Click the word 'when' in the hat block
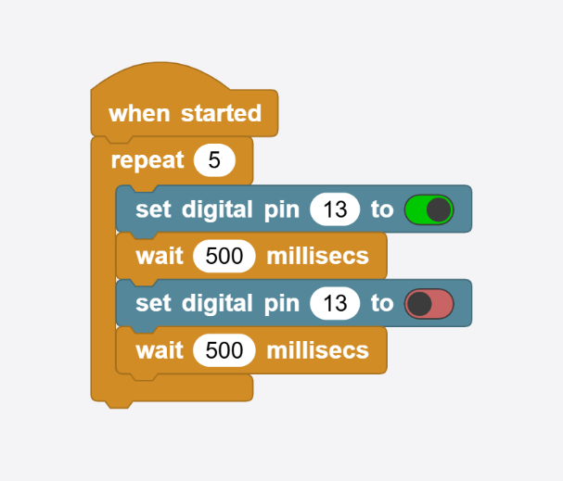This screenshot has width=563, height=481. pos(139,113)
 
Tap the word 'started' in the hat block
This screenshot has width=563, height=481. pos(221,113)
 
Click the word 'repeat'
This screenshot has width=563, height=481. pos(147,160)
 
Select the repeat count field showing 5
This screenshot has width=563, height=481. pos(214,160)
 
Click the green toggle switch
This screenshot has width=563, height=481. pos(429,209)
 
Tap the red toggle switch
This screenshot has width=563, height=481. pos(429,304)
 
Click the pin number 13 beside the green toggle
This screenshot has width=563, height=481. pos(335,209)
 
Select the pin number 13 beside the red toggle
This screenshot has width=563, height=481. pos(335,303)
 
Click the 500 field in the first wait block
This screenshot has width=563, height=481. pos(224,256)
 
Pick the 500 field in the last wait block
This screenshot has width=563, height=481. pos(224,350)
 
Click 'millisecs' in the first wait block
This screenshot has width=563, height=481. pos(318,256)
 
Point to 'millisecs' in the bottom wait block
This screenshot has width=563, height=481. pos(318,350)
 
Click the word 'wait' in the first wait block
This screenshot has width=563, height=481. pos(160,256)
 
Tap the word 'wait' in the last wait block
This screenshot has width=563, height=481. pos(160,350)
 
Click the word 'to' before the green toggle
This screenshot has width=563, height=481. pos(382,209)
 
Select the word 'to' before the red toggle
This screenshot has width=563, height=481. pos(382,303)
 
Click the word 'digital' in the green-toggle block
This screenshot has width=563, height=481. pos(217,209)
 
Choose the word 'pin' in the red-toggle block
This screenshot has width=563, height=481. pos(282,305)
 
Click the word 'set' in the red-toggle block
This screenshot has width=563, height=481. pos(153,303)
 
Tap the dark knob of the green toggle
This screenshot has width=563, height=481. pos(439,209)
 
